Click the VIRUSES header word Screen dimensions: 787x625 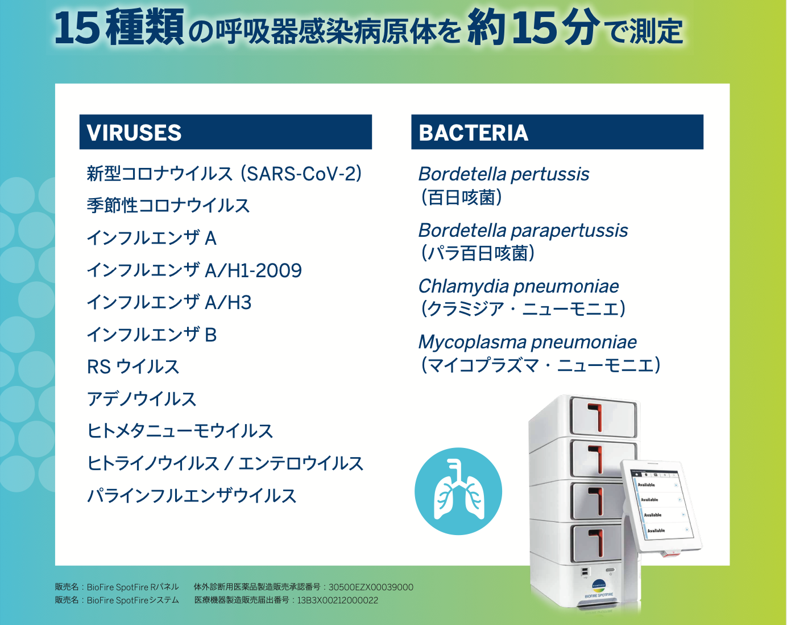(x=134, y=133)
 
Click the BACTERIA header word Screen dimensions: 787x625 (x=473, y=133)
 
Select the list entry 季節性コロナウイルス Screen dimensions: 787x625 (x=168, y=205)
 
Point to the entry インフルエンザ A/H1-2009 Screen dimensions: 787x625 (x=194, y=270)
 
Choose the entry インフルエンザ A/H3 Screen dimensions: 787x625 (x=169, y=302)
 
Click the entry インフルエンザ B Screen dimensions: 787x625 (x=152, y=335)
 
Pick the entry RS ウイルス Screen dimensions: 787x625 (x=133, y=367)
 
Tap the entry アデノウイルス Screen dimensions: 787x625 (x=142, y=399)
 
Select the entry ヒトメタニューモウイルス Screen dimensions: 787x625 (x=180, y=431)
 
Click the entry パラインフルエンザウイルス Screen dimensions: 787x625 (x=192, y=496)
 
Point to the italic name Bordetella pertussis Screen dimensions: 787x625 (x=504, y=174)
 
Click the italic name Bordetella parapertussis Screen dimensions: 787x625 (x=523, y=231)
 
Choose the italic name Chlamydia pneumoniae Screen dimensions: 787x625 (x=519, y=287)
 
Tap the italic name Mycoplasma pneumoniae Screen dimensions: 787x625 (x=527, y=343)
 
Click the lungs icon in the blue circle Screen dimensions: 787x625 (x=458, y=491)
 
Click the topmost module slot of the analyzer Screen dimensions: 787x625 (x=603, y=416)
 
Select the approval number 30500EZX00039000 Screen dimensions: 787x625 (x=371, y=587)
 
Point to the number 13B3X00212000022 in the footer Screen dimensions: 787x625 (x=338, y=601)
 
